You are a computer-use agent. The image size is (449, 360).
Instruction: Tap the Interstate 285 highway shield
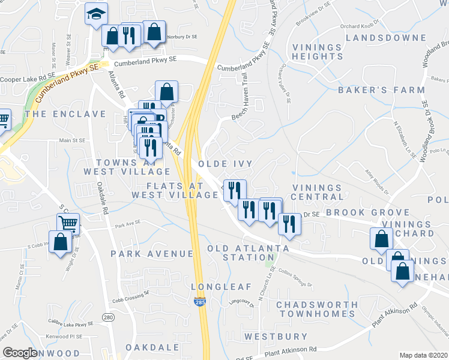pos(199,304)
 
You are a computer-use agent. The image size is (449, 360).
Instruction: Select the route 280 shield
pos(108,317)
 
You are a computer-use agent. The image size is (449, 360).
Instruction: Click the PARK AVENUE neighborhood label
pos(152,254)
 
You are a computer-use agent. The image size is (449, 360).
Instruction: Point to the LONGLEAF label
pos(220,287)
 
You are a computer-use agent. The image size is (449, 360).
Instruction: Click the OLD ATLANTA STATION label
pos(247,253)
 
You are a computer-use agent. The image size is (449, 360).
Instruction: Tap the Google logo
pos(20,353)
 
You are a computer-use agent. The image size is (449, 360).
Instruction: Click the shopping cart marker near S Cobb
pos(68,224)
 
